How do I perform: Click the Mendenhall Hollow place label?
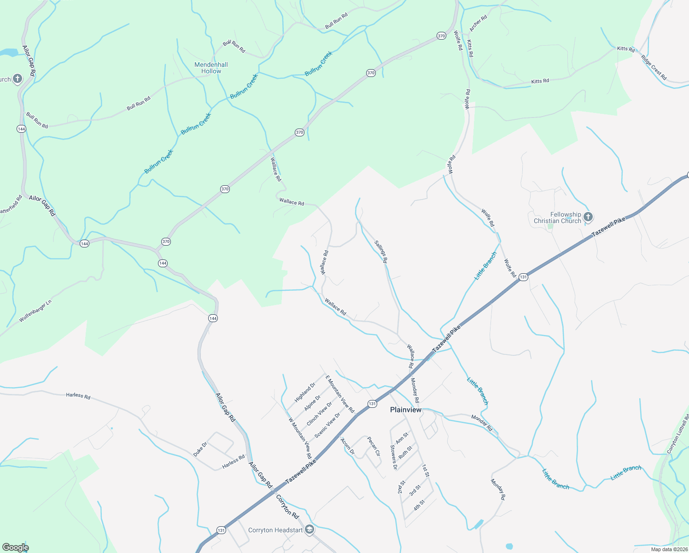(x=211, y=68)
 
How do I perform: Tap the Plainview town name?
(x=405, y=410)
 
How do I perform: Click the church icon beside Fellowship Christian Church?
(x=588, y=217)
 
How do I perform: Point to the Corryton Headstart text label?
(x=275, y=530)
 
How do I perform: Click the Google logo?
(x=15, y=547)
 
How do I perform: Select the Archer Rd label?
(x=478, y=24)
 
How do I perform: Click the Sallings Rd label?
(x=381, y=252)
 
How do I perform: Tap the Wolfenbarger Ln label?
(x=35, y=312)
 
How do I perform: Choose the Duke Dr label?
(x=200, y=449)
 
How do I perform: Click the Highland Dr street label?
(x=305, y=392)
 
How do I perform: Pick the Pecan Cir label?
(x=374, y=446)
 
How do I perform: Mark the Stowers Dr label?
(x=393, y=457)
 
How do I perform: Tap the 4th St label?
(x=418, y=505)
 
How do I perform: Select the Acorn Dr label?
(x=347, y=446)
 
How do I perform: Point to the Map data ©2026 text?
(x=669, y=549)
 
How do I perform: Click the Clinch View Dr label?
(x=319, y=413)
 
